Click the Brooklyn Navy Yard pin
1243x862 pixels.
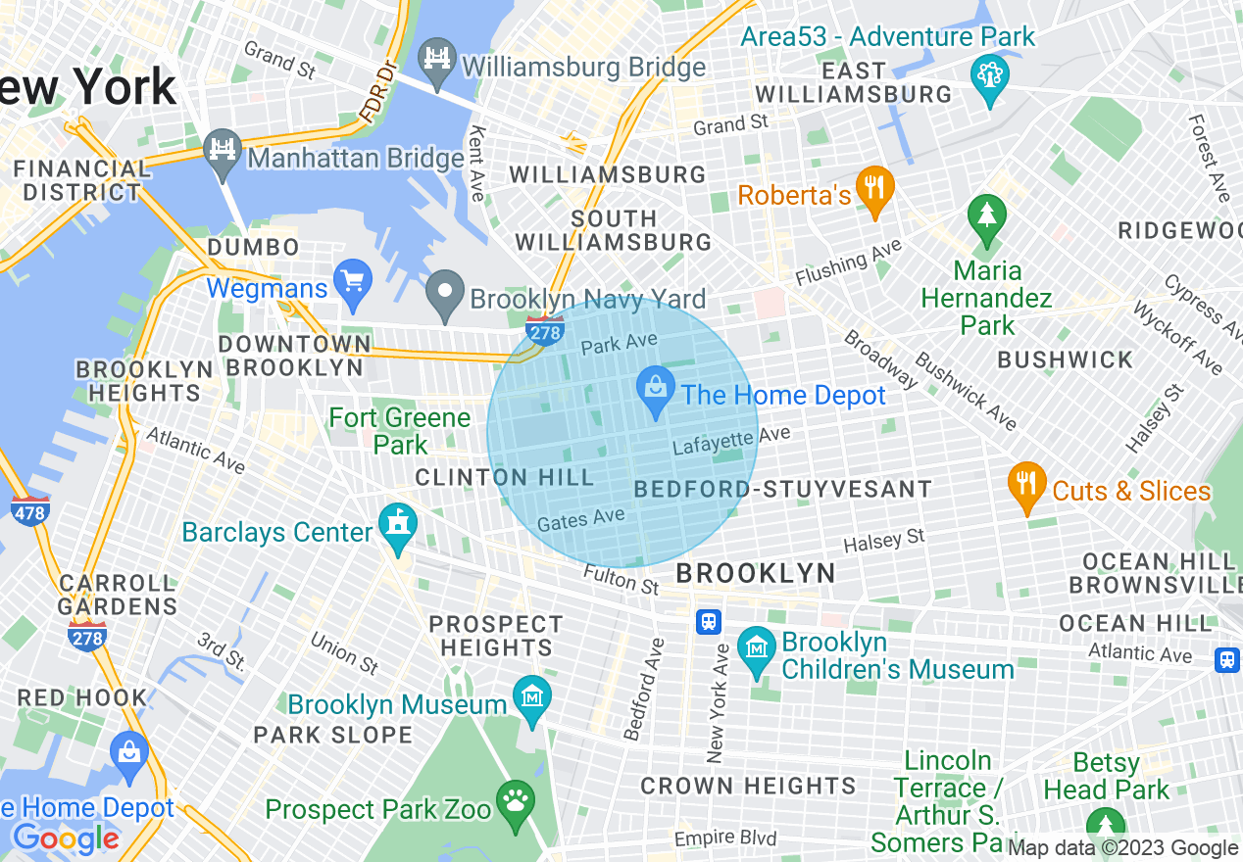pos(445,293)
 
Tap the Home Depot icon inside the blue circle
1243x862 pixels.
pos(656,390)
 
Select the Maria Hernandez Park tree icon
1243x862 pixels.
pos(985,219)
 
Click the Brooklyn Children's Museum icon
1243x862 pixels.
pos(758,650)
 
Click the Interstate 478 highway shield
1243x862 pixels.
pos(30,510)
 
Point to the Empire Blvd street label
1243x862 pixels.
pos(725,838)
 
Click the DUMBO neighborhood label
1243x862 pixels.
pos(253,248)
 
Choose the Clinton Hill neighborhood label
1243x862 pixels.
pos(505,478)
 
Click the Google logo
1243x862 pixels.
pos(65,839)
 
